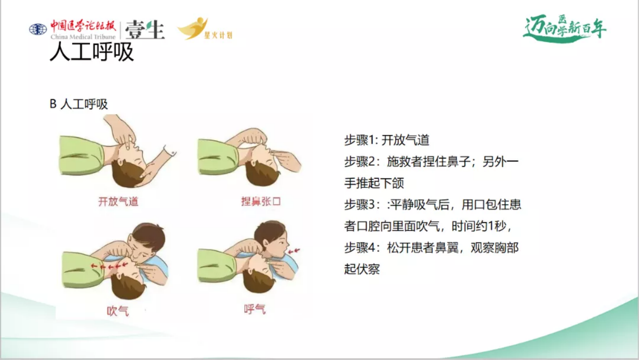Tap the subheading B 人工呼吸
[79, 104]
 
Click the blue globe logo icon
[38, 29]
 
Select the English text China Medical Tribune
[83, 37]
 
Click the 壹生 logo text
[145, 30]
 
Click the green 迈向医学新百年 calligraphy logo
[565, 29]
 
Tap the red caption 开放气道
[118, 202]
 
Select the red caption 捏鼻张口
[261, 201]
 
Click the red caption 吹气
[118, 311]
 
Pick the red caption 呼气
[255, 309]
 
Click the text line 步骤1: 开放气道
[387, 140]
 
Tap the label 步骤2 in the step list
[359, 162]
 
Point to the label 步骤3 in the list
[359, 205]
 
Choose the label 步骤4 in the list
[359, 248]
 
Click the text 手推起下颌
[374, 183]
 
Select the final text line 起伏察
[362, 269]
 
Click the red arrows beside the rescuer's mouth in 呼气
[294, 251]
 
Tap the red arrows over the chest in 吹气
[109, 266]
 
